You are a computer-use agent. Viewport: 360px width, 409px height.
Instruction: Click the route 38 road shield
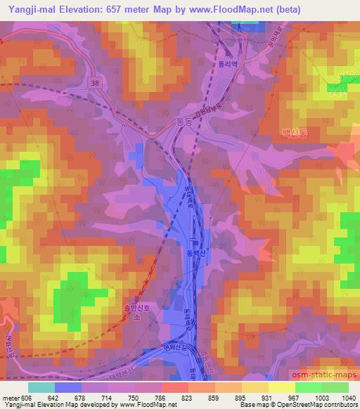[x=95, y=83]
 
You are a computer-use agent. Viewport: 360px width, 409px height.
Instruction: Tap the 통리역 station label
[x=225, y=82]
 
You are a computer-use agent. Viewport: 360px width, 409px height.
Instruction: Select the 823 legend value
[x=186, y=397]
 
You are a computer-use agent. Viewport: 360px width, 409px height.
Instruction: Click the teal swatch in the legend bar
[x=41, y=387]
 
